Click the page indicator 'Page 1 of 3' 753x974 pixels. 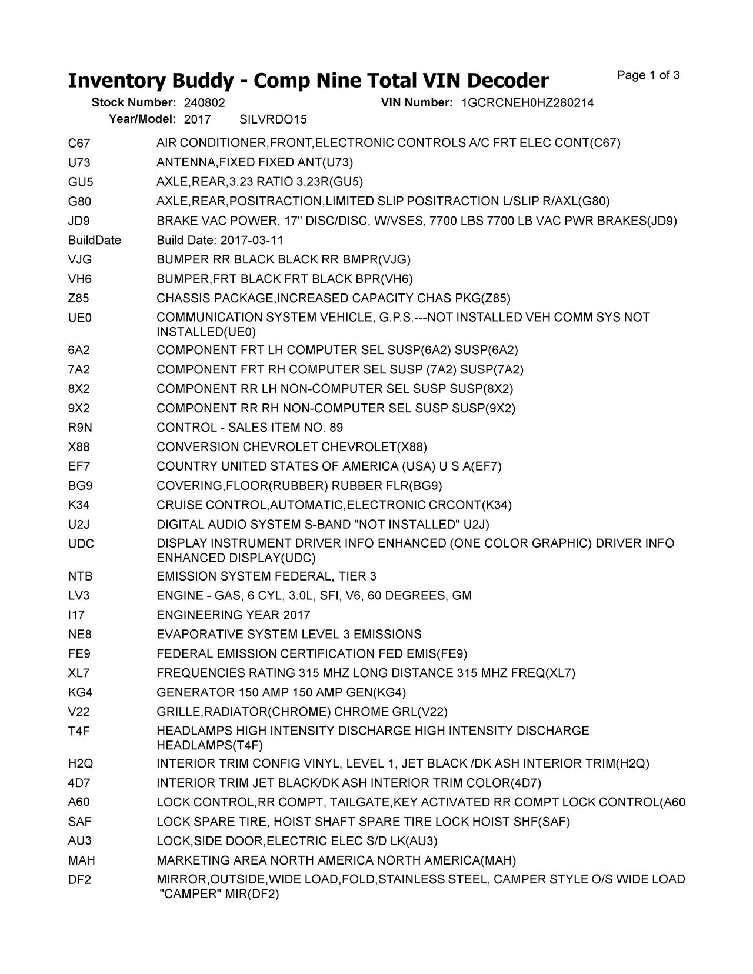click(648, 75)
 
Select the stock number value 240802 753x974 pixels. click(204, 103)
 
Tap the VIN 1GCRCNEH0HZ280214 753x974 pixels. click(527, 103)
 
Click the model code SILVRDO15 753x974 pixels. click(273, 119)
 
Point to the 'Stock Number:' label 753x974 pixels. click(134, 103)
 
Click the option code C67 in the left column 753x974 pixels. click(79, 144)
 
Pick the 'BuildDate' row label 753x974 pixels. click(94, 240)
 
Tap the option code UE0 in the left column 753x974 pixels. click(80, 318)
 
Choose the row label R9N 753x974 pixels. click(80, 428)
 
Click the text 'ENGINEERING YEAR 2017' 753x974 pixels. click(233, 615)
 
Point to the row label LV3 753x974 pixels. click(79, 596)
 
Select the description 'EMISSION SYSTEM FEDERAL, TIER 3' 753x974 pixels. click(266, 576)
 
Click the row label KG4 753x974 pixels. click(81, 692)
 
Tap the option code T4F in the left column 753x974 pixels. click(79, 731)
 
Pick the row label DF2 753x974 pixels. click(79, 880)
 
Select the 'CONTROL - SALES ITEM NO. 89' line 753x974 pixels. click(249, 428)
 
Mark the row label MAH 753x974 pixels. click(81, 860)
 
